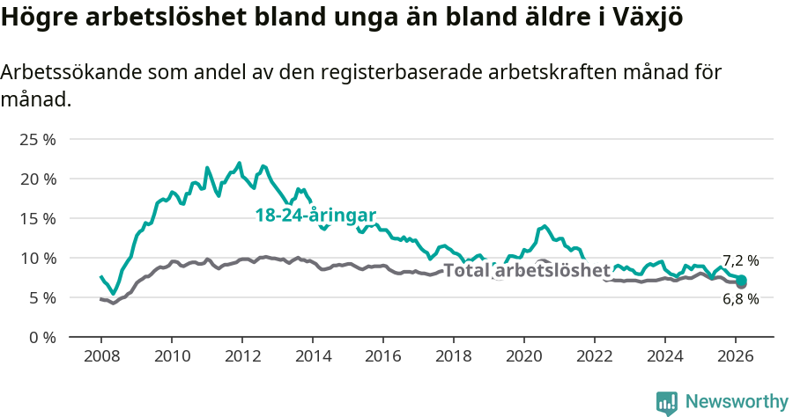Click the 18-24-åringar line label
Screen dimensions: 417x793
tap(315, 216)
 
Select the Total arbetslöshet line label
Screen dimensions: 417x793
tap(526, 270)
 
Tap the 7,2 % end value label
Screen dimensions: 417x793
tap(740, 260)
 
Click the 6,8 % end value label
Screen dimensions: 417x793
tap(740, 299)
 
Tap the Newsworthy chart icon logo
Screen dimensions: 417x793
tap(667, 402)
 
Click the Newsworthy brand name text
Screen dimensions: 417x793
tap(736, 402)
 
